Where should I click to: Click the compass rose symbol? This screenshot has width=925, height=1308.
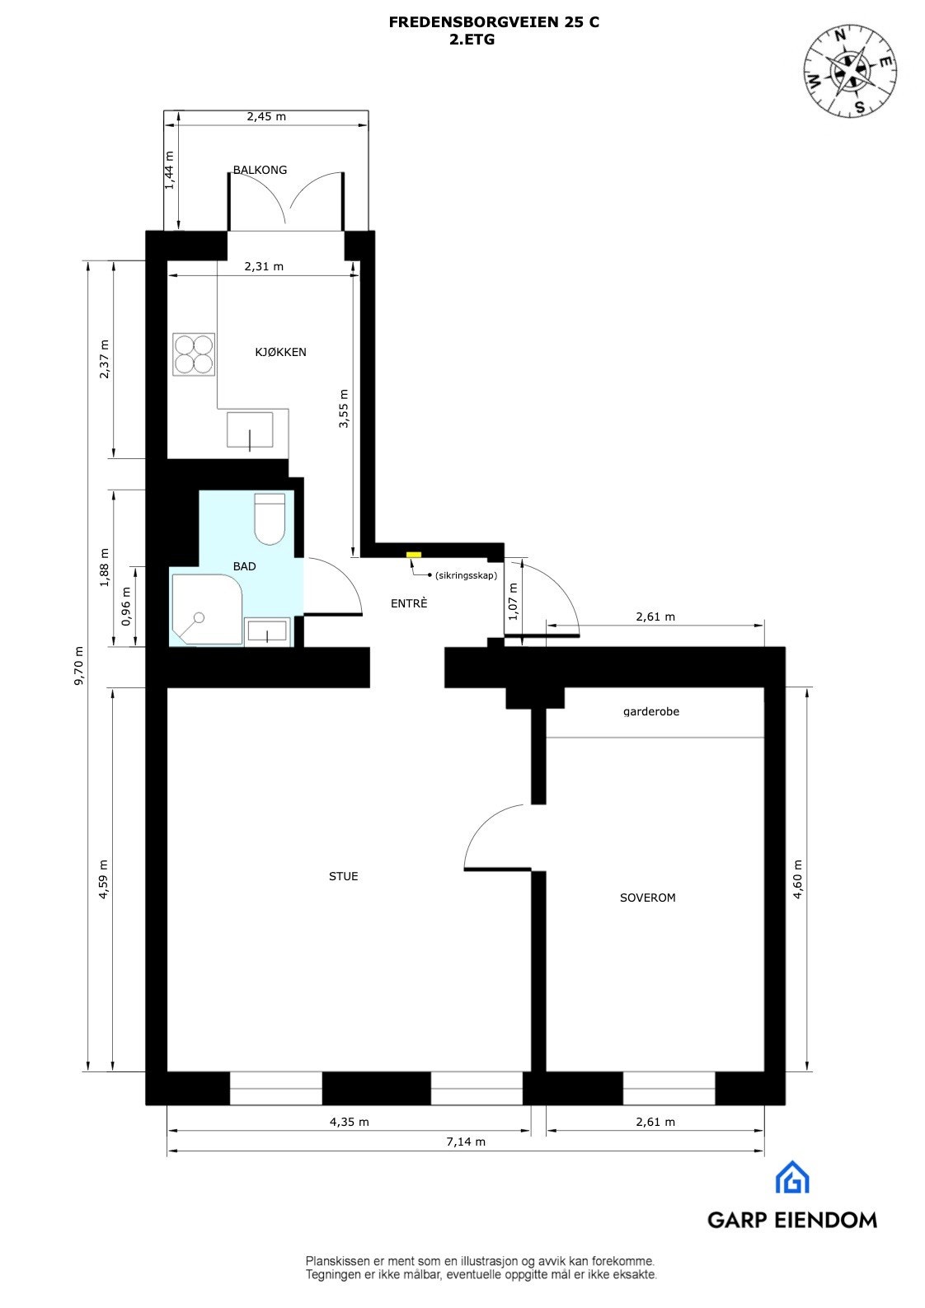point(850,70)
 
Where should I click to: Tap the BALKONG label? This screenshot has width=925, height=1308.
point(260,170)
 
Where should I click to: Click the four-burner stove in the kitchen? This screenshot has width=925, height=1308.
point(194,354)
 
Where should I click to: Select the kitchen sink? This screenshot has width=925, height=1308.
point(250,429)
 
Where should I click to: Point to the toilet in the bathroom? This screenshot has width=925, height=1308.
point(270,518)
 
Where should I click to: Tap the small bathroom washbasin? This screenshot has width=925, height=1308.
point(267,632)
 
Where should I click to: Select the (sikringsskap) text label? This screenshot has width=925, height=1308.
point(466,575)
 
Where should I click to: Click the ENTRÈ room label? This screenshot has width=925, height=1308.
point(409,603)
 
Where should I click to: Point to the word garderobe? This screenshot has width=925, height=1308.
point(651,711)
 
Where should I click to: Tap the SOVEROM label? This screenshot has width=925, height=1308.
point(647,898)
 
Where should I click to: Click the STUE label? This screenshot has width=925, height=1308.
point(343,876)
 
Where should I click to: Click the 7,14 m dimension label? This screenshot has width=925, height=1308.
point(466,1142)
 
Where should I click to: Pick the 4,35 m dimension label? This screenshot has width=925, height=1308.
point(349,1122)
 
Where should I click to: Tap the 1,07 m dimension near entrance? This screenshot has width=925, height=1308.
point(513,601)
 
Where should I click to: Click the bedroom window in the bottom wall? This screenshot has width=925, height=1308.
point(669,1088)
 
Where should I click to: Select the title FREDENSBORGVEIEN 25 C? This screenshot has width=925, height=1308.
point(494,23)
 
